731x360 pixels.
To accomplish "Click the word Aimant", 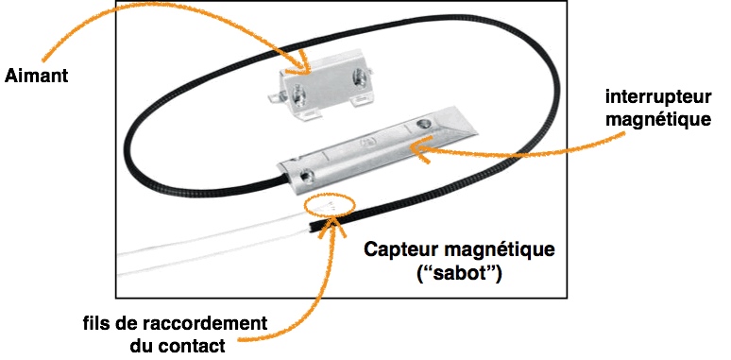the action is (x=37, y=76).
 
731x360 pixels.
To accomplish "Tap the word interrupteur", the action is (x=658, y=97).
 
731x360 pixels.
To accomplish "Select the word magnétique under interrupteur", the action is (x=658, y=119).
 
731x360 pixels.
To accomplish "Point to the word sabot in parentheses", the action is (x=459, y=273).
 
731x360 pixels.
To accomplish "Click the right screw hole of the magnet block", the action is (x=359, y=76).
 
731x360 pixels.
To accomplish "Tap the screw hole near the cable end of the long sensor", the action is (x=306, y=177).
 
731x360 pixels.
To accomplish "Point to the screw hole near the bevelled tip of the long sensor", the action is (x=424, y=124).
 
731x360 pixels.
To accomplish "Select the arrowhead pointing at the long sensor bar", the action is (x=419, y=149).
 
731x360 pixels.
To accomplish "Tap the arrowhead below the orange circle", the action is (x=331, y=226).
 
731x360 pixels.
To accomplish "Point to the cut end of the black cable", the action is (x=310, y=228).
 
